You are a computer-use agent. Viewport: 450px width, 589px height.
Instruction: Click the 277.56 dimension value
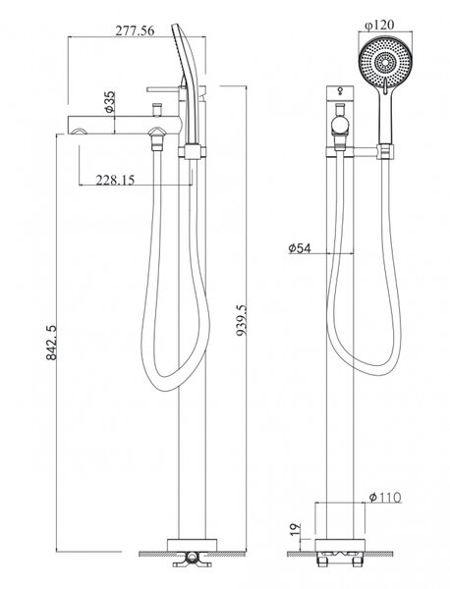tap(135, 30)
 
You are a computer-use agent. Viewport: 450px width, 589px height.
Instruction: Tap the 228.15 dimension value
tap(115, 180)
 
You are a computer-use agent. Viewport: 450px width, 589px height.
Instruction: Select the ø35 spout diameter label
tap(109, 102)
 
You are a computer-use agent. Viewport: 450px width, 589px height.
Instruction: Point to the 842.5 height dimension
tap(51, 343)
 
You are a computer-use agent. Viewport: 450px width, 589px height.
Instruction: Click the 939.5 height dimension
tap(242, 320)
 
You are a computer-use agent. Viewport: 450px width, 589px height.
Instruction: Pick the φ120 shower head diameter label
tap(379, 26)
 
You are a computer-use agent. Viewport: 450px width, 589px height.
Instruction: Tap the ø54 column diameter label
tap(300, 248)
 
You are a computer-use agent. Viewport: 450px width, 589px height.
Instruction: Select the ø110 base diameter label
tap(385, 498)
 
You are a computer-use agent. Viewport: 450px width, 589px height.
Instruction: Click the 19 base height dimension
tap(296, 529)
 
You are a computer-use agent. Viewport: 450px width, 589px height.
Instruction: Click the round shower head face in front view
tap(385, 61)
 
